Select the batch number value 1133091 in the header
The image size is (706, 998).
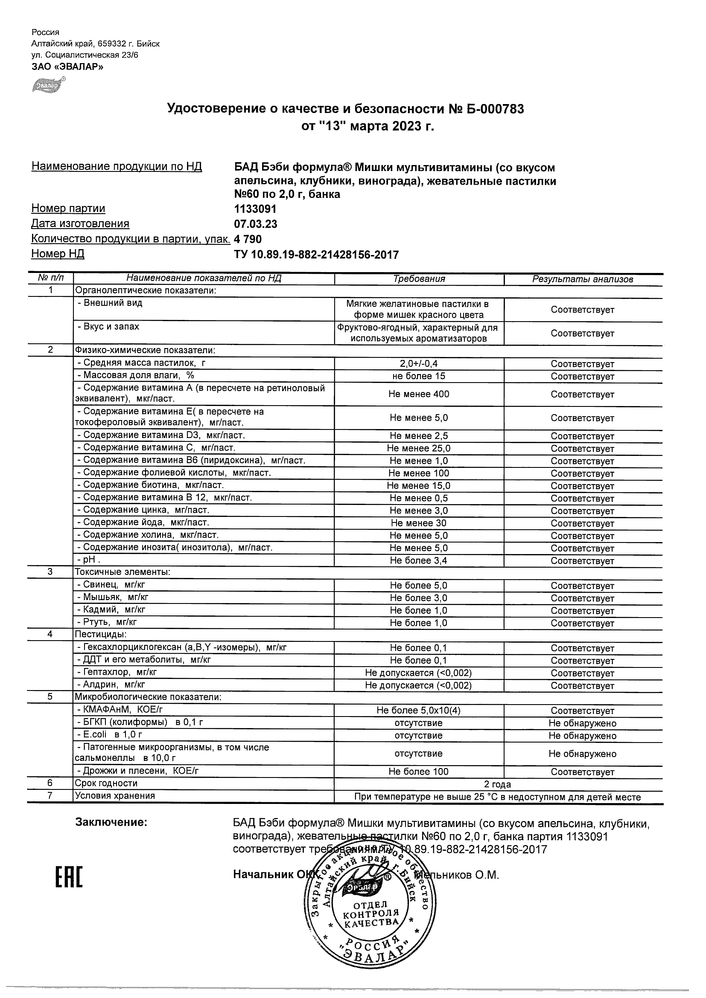pyautogui.click(x=255, y=209)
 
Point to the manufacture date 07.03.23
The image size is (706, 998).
pyautogui.click(x=255, y=224)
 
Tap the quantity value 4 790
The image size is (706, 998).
pyautogui.click(x=248, y=239)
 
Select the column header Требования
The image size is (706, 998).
pyautogui.click(x=419, y=279)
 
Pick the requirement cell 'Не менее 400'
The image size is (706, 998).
pyautogui.click(x=419, y=394)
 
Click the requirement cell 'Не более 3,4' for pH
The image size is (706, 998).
pyautogui.click(x=418, y=561)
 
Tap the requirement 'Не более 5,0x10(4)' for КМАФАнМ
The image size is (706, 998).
pyautogui.click(x=418, y=711)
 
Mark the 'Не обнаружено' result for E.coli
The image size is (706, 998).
pyautogui.click(x=583, y=736)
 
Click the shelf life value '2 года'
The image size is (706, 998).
pyautogui.click(x=498, y=785)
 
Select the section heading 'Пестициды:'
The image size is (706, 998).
pyautogui.click(x=100, y=635)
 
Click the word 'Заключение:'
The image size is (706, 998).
pyautogui.click(x=111, y=822)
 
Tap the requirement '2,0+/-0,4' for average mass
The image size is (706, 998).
pyautogui.click(x=418, y=364)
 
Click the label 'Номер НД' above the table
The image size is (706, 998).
pyautogui.click(x=58, y=254)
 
